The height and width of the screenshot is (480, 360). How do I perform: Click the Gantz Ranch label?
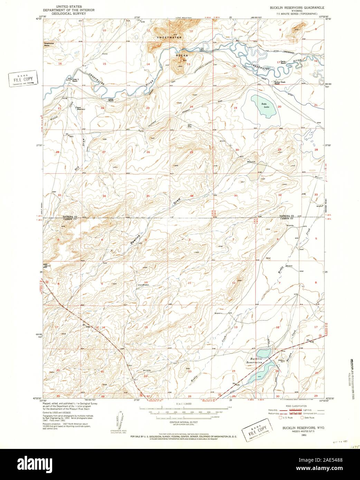click(x=283, y=61)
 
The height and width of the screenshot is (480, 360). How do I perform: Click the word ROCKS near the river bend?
click(x=182, y=55)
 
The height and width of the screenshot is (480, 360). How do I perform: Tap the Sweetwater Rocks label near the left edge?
click(x=49, y=44)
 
